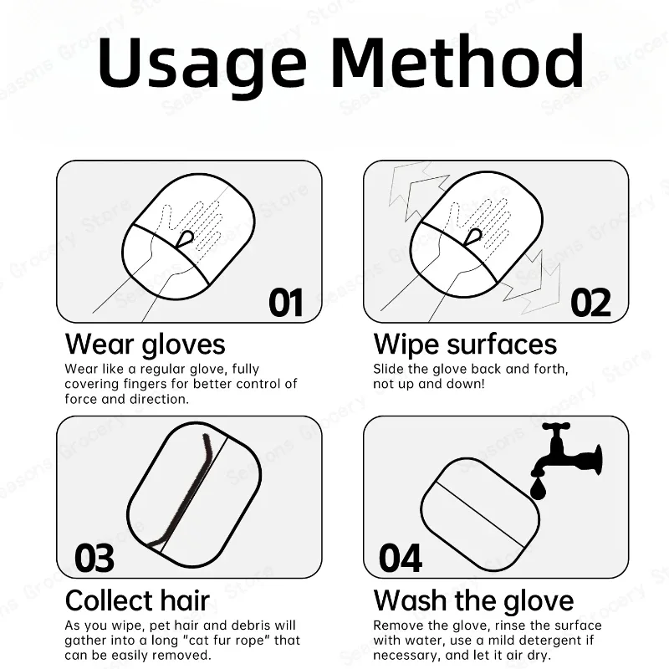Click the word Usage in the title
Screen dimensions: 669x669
[x=202, y=65]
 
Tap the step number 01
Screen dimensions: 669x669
[x=286, y=303]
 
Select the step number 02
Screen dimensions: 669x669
[x=591, y=303]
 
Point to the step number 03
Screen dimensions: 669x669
[x=94, y=558]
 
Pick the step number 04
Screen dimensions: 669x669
[x=401, y=558]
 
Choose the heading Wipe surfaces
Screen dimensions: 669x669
[x=465, y=344]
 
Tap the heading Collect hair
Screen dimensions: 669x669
[x=137, y=600]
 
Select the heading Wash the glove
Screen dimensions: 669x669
[x=473, y=600]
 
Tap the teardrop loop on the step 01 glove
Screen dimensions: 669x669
[x=186, y=238]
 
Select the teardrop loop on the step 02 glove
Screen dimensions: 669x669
[x=473, y=237]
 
